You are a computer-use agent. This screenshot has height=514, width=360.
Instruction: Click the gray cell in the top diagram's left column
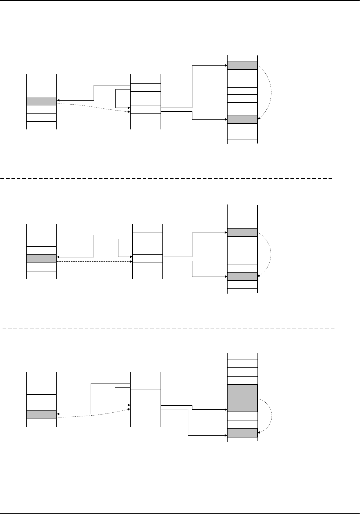coord(41,101)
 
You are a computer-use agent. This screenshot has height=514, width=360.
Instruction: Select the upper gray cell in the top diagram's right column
coord(242,65)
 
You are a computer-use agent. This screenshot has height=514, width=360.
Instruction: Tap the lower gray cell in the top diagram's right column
coord(242,119)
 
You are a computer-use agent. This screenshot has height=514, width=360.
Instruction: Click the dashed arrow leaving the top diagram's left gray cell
coord(92,108)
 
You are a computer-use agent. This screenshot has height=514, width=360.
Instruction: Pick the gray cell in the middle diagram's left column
coord(41,258)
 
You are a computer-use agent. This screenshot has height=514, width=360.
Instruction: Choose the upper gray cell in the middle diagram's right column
coord(242,233)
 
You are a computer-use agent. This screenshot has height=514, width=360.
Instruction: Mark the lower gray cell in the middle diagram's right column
coord(242,276)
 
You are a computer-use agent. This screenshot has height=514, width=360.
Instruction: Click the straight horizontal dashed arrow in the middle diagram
coord(94,262)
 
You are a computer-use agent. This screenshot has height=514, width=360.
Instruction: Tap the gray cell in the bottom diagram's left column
coord(41,415)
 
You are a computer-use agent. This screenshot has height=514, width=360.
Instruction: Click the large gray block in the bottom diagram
coord(242,398)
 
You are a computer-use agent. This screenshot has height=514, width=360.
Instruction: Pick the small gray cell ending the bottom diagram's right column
coord(242,433)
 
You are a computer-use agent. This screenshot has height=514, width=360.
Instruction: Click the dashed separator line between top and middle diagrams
coord(166,178)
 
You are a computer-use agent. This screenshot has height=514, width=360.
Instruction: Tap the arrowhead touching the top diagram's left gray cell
coord(58,100)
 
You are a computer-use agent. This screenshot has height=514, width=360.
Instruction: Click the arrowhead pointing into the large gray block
coord(225,409)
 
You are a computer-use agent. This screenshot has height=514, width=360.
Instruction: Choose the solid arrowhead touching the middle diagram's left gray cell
coord(58,257)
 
